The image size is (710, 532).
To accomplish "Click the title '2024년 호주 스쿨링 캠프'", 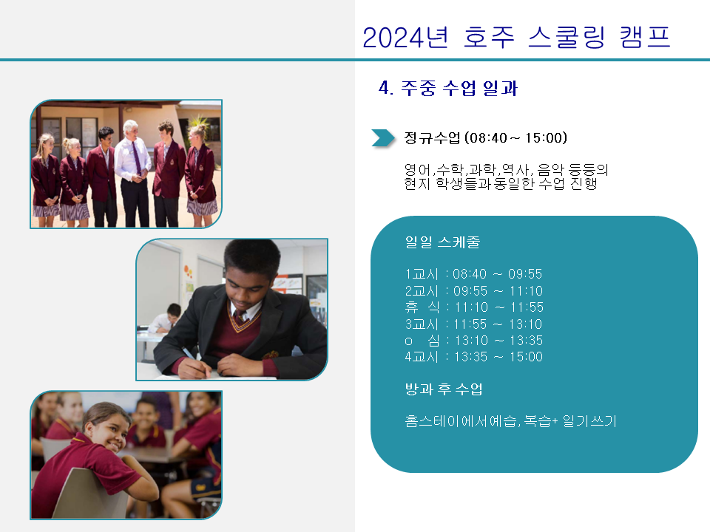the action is coord(516,37).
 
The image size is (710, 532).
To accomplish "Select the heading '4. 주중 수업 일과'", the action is coord(448,88).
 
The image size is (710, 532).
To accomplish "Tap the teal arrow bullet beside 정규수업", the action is coord(383,138).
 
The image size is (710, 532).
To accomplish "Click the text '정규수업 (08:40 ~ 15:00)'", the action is coord(485,138).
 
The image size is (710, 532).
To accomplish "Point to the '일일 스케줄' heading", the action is coord(442,242).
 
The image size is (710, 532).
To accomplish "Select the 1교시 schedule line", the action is coord(473,274).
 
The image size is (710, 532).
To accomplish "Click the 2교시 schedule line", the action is coord(473,291).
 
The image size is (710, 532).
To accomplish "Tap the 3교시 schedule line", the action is coord(473,324).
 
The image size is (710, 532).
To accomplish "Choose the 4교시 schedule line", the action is coord(473,357).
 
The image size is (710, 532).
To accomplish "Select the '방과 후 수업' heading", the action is coord(444,389).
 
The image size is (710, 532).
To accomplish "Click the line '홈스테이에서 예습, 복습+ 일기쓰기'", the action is coord(511,421).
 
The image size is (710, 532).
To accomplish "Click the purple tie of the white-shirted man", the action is coord(136,158).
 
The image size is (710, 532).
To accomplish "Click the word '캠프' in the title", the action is coord(645,37).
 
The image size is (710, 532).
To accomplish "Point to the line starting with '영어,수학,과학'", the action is coord(506,170).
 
